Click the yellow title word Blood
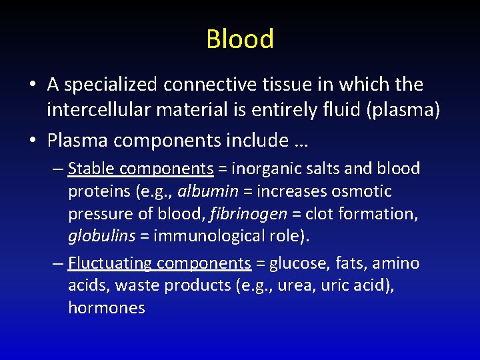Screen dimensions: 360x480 [x=240, y=39]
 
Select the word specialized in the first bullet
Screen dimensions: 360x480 [x=111, y=85]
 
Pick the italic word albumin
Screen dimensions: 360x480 [x=207, y=191]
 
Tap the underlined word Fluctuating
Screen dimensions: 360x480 [x=110, y=264]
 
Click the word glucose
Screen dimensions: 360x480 [x=299, y=264]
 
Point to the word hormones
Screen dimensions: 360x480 [x=106, y=308]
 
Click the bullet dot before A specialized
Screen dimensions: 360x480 [x=32, y=85]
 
